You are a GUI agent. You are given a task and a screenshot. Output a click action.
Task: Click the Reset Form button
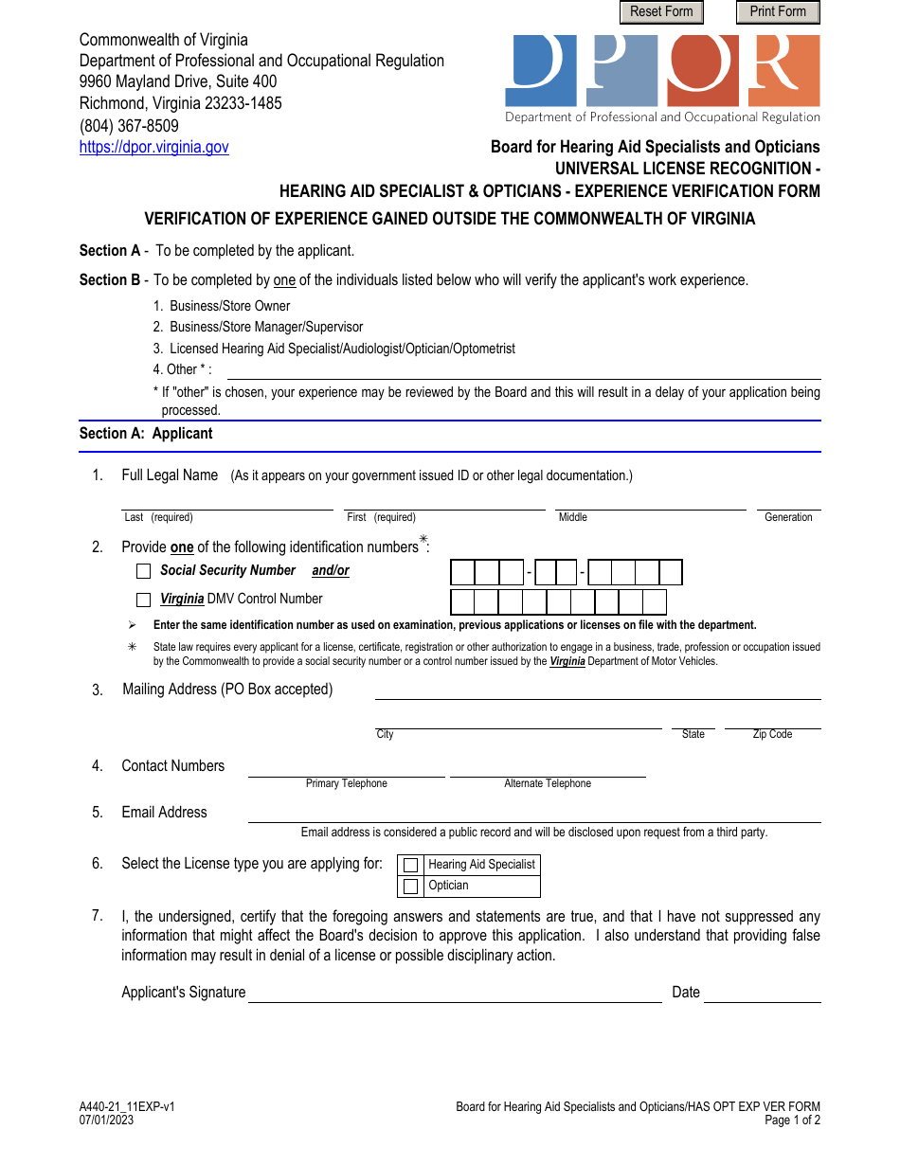661,11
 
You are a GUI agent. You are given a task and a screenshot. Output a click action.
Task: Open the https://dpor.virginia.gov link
153,147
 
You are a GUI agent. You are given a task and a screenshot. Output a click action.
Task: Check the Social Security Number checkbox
144,571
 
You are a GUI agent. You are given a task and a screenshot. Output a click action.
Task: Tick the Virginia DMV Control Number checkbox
144,600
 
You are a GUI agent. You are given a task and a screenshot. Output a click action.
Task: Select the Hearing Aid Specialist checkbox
410,865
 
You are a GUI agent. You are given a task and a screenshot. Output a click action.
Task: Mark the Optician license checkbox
410,887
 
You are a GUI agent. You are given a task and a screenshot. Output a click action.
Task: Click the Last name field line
227,502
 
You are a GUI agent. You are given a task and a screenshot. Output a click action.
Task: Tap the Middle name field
650,502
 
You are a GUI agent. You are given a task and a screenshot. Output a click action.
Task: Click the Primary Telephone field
346,768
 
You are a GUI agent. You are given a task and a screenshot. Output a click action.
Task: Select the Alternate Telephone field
548,768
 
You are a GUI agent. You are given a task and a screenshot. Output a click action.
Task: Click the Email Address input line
533,814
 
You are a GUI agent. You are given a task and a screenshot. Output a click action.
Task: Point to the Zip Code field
772,721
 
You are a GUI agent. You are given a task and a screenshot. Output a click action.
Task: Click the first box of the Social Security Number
462,572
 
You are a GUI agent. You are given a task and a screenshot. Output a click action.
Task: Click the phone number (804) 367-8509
129,125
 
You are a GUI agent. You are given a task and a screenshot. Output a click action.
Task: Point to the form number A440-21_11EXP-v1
127,1106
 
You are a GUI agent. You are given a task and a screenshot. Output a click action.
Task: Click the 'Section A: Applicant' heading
146,433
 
